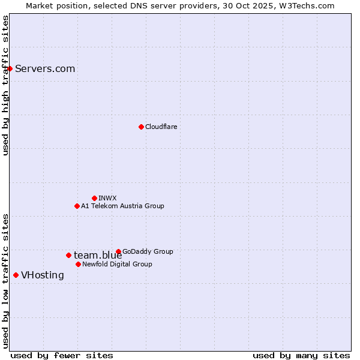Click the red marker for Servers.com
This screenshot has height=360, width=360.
[10, 68]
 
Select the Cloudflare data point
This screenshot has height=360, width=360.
[141, 127]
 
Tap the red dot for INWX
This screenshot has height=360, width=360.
[94, 198]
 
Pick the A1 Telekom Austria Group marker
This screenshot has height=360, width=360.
[77, 206]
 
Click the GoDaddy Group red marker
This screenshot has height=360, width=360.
[118, 251]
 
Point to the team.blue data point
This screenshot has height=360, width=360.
[68, 255]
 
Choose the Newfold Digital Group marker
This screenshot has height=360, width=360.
[78, 264]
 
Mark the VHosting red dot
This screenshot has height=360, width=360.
[16, 275]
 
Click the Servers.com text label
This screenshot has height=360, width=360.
[45, 68]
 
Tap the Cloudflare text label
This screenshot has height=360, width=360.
[161, 127]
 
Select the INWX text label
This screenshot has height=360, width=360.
[107, 198]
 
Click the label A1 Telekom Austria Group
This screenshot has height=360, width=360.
[122, 206]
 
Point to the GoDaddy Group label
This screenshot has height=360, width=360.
[148, 251]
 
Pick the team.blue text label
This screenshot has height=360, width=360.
[98, 256]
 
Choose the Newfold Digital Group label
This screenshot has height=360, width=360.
[117, 264]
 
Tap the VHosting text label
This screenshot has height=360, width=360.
[42, 275]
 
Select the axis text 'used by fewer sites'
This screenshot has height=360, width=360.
[62, 355]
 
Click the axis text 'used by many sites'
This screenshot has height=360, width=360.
[301, 355]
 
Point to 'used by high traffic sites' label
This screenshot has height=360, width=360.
[5, 85]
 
